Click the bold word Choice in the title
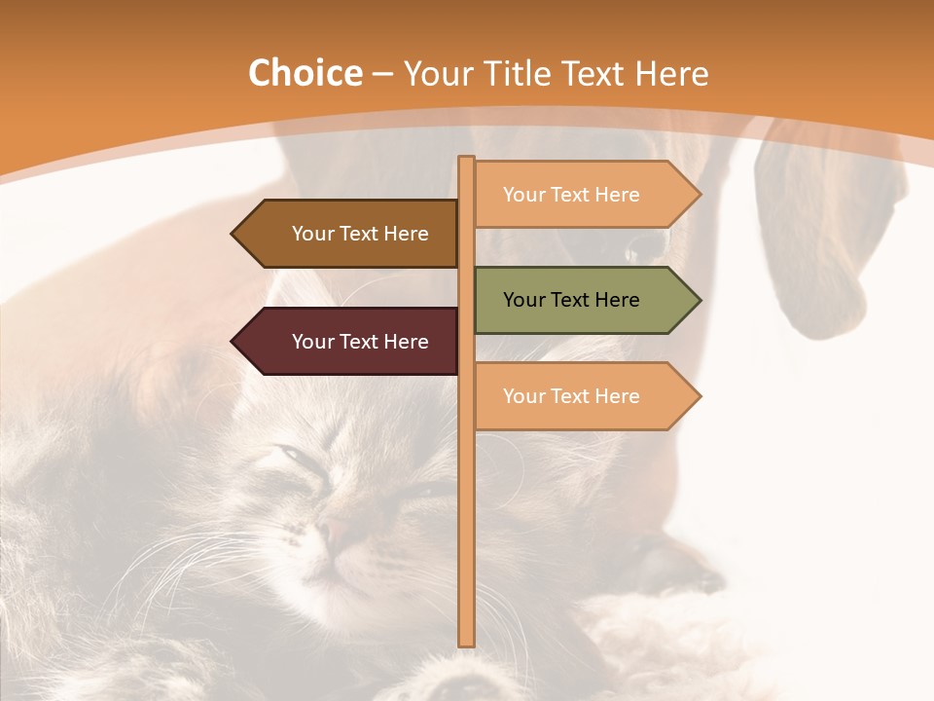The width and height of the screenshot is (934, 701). pyautogui.click(x=305, y=73)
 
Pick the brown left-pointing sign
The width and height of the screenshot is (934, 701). pyautogui.click(x=345, y=234)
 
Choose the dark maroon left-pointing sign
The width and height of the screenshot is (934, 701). pyautogui.click(x=345, y=342)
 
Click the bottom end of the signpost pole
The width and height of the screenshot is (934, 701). pyautogui.click(x=467, y=642)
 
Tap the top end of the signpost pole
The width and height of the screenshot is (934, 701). pyautogui.click(x=467, y=160)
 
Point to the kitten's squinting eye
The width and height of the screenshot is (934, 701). pyautogui.click(x=290, y=455)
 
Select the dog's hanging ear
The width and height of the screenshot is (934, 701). pyautogui.click(x=812, y=243)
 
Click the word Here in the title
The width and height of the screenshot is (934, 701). pyautogui.click(x=672, y=74)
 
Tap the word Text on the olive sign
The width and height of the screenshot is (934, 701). pyautogui.click(x=571, y=300)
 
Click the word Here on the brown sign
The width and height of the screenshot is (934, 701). pyautogui.click(x=406, y=234)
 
